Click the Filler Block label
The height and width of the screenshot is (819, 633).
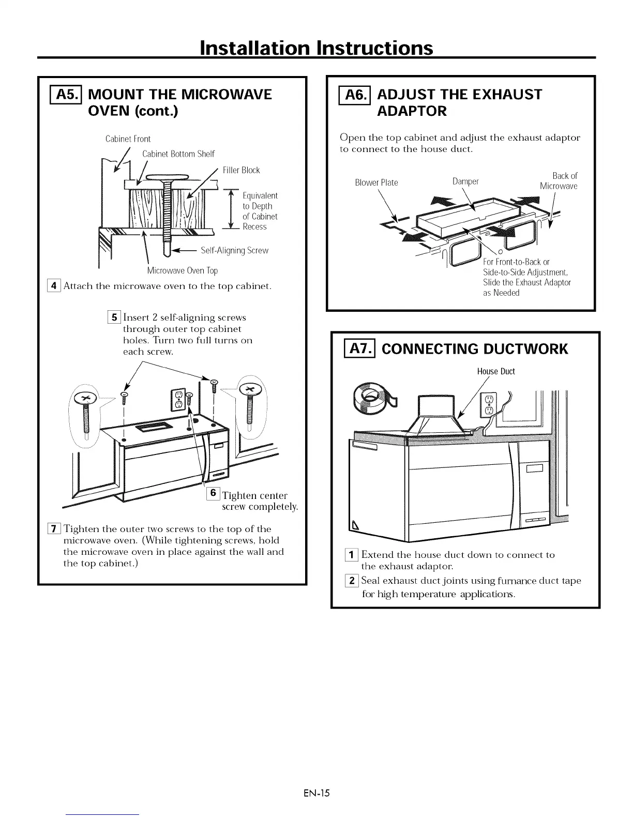241,170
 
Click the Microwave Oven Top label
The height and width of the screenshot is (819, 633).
182,271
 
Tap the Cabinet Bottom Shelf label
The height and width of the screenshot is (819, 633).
178,154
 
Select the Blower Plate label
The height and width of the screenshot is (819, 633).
376,183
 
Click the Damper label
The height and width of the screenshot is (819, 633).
465,181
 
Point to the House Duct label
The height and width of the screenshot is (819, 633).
495,371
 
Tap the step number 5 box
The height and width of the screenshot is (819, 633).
114,317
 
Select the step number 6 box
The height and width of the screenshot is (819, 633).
213,494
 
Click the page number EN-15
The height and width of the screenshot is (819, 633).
317,793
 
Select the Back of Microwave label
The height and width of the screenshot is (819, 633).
559,181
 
